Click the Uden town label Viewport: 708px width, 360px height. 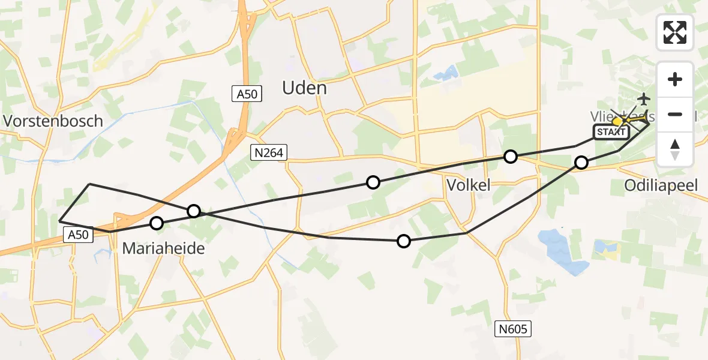pyautogui.click(x=304, y=88)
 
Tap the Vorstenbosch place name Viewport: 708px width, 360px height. pyautogui.click(x=53, y=121)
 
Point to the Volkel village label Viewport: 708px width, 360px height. pyautogui.click(x=469, y=185)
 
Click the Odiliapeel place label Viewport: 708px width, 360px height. pyautogui.click(x=661, y=185)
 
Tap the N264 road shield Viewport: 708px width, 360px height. pyautogui.click(x=268, y=153)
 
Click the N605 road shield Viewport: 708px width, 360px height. pyautogui.click(x=514, y=328)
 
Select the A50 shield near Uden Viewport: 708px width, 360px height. pyautogui.click(x=247, y=94)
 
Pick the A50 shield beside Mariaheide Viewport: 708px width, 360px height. pyautogui.click(x=79, y=236)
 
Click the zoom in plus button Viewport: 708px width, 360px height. pyautogui.click(x=675, y=79)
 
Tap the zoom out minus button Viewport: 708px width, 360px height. pyautogui.click(x=675, y=114)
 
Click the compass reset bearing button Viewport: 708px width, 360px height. pyautogui.click(x=675, y=148)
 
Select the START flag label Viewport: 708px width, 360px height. pyautogui.click(x=611, y=133)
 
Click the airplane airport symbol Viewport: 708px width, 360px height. pyautogui.click(x=644, y=98)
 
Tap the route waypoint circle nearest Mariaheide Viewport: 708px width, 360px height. pyautogui.click(x=157, y=223)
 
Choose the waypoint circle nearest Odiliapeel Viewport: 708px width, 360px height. pyautogui.click(x=581, y=162)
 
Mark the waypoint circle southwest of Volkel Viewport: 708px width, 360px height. pyautogui.click(x=404, y=241)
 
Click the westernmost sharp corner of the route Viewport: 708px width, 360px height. pyautogui.click(x=60, y=221)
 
